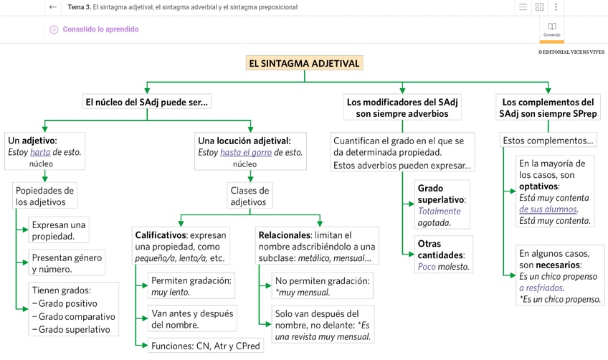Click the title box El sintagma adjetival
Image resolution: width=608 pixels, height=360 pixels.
pos(304,63)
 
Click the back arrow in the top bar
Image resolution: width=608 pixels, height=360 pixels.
pos(53,7)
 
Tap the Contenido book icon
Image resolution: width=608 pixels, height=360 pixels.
pos(551,27)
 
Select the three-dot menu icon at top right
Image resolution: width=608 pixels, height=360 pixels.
pos(556,7)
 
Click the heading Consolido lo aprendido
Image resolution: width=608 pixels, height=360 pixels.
pos(100,29)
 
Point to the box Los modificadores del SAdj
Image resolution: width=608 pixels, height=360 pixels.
pos(402,108)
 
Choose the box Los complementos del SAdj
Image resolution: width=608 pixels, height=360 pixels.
pos(548,108)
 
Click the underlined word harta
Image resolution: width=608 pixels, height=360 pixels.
pos(40,152)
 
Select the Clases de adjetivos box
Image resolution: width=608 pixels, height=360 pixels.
pos(250,196)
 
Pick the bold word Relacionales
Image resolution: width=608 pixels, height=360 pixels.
pos(283,235)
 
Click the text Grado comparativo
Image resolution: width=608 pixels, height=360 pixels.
pos(76,316)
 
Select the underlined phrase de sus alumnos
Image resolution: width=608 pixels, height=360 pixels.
pos(548,209)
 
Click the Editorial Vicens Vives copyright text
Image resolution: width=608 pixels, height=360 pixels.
pos(571,52)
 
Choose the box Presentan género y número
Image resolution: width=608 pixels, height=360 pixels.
pos(67,263)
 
